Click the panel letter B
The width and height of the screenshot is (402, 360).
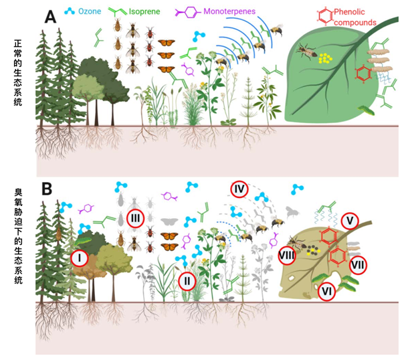coord(48,189)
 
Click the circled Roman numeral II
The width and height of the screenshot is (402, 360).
coord(188,281)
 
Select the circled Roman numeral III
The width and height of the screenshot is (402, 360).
coord(136,217)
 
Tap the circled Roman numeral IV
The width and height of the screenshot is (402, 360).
coord(240,189)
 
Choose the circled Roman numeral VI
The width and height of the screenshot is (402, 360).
coord(327,291)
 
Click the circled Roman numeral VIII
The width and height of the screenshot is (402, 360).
coord(286,255)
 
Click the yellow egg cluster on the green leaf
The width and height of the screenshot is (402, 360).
coord(326,58)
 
